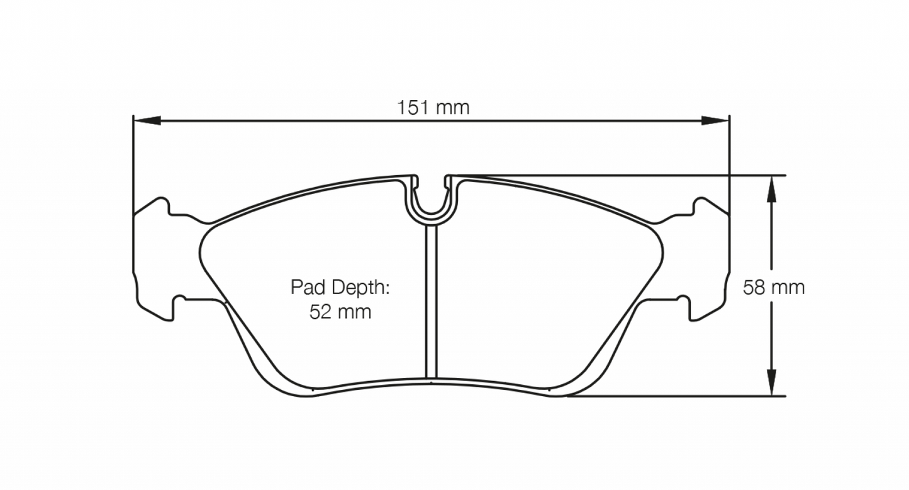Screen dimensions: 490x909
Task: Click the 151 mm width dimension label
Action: point(433,108)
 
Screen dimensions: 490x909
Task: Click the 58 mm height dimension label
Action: point(773,288)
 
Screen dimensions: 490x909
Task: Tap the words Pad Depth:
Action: point(340,288)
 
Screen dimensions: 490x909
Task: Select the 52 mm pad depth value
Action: point(340,312)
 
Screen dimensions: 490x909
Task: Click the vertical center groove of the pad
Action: point(431,302)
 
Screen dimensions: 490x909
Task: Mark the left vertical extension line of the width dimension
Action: point(133,164)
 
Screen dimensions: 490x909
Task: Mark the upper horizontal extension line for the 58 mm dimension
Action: point(629,175)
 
